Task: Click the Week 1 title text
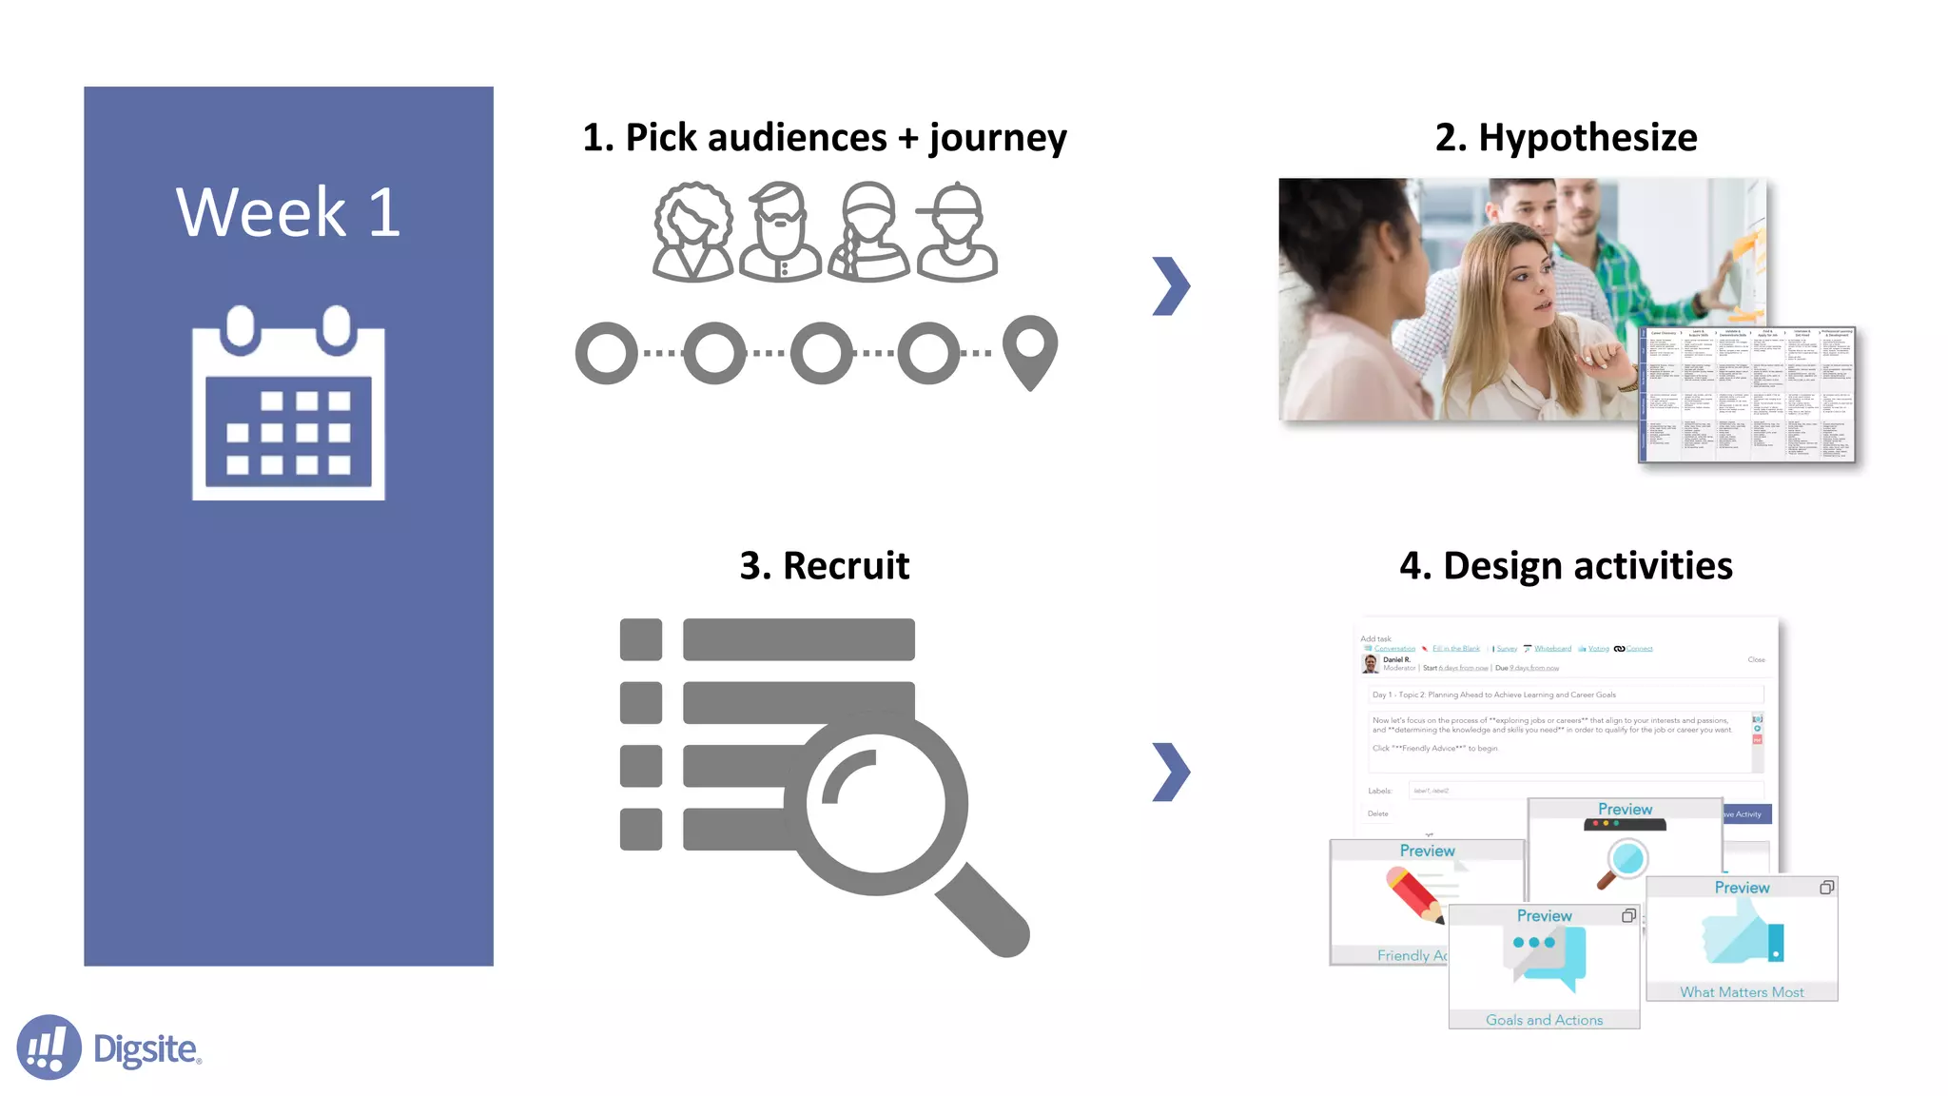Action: click(288, 212)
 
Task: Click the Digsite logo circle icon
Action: click(49, 1047)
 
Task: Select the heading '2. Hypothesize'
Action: click(1566, 138)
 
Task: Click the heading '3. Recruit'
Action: click(824, 566)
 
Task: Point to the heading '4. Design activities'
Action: click(1566, 566)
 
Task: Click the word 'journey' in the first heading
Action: click(998, 138)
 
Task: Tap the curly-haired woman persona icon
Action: click(692, 232)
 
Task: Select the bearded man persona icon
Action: click(780, 232)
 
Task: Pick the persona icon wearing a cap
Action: click(957, 232)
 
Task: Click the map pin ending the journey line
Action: click(1030, 350)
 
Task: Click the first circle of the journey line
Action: click(607, 353)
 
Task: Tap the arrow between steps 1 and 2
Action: click(1171, 285)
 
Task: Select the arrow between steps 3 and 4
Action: click(1171, 772)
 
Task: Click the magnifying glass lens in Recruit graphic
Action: click(876, 804)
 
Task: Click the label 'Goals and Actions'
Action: click(1544, 1020)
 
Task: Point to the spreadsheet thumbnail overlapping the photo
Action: click(1746, 395)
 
